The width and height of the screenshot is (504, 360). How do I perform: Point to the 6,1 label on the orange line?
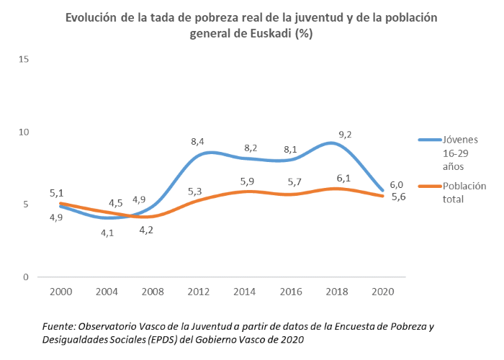(343, 178)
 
